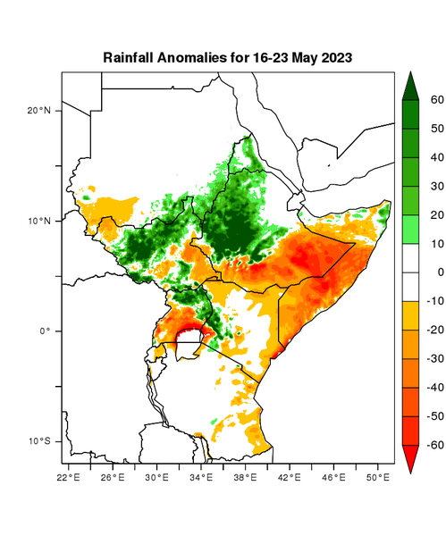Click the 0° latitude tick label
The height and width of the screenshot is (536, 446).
pos(44,331)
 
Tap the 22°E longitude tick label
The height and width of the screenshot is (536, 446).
pos(69,477)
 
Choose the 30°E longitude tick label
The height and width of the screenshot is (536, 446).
pos(157,477)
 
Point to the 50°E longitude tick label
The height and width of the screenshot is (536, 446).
pos(378,477)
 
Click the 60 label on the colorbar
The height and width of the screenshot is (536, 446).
pos(437,100)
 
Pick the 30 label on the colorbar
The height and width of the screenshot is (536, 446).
pos(437,186)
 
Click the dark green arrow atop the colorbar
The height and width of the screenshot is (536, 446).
pos(412,86)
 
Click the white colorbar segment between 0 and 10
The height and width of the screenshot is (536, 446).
pos(412,257)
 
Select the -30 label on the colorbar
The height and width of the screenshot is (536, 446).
pos(435,358)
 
